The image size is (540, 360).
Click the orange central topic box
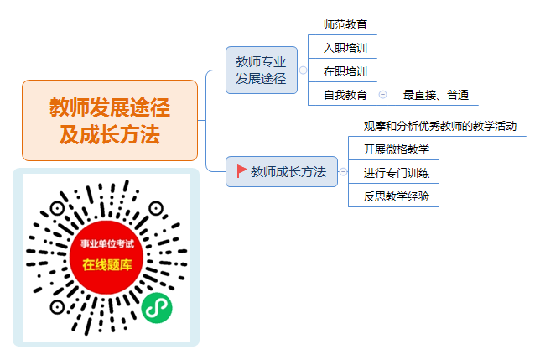[x=110, y=120]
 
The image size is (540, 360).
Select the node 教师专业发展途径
[x=262, y=70]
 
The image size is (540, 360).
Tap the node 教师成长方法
[x=282, y=171]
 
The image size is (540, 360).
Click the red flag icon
[x=241, y=171]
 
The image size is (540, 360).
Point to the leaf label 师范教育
[x=345, y=24]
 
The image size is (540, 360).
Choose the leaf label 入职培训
[x=345, y=48]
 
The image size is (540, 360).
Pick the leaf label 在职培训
[x=345, y=71]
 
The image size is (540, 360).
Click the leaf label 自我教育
[x=345, y=95]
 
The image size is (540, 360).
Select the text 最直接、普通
[x=436, y=95]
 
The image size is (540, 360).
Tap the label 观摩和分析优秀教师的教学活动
[x=440, y=126]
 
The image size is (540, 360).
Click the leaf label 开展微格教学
[x=397, y=149]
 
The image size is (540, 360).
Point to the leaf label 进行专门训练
[x=397, y=173]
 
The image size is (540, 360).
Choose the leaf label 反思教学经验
[x=397, y=196]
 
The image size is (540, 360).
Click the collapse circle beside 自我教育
[x=382, y=94]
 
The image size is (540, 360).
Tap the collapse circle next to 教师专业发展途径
[x=303, y=70]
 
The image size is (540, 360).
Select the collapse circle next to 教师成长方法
[x=343, y=171]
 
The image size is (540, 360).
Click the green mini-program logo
[x=157, y=308]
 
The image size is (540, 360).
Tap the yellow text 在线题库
[x=107, y=265]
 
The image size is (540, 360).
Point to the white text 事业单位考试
[x=107, y=244]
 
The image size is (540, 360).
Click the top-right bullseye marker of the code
[x=156, y=208]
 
